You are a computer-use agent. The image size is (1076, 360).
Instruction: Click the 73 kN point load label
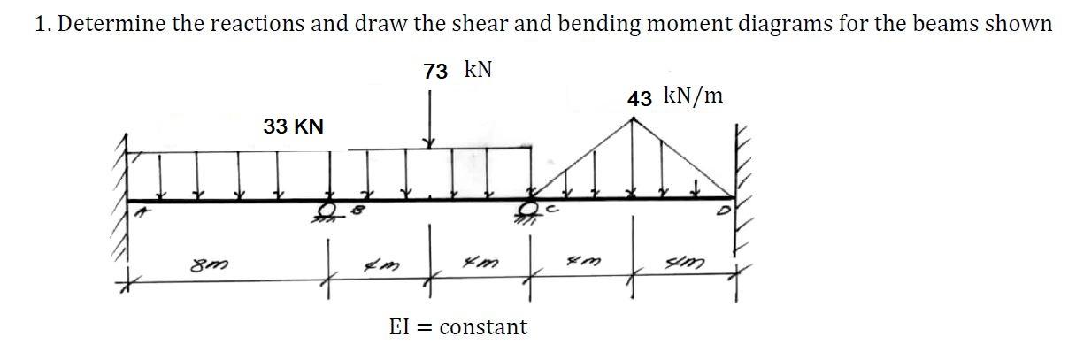point(457,71)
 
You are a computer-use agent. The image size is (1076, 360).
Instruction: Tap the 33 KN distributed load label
point(294,127)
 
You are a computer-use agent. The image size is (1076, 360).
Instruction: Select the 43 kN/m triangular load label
point(675,96)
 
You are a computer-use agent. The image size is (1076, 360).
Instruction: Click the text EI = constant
point(458,327)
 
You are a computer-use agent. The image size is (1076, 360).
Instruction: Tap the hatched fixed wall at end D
point(742,190)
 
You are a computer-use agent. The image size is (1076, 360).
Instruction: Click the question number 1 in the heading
point(40,24)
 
